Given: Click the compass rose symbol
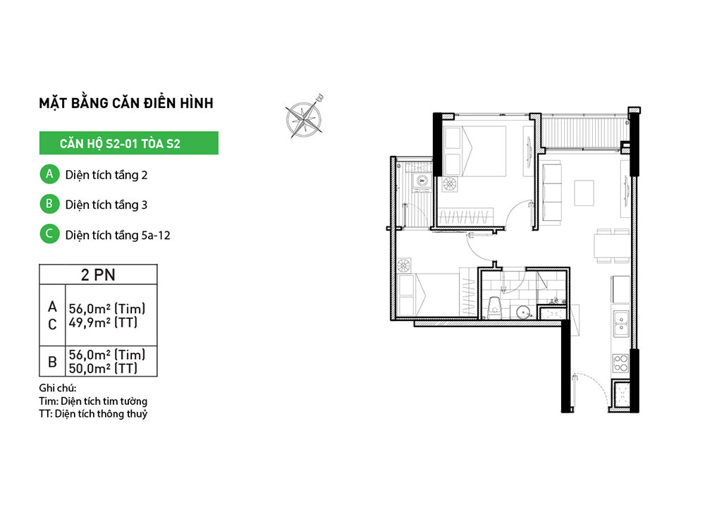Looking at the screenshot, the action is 305,117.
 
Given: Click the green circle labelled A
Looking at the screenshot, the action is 49,174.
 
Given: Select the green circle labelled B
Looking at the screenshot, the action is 49,204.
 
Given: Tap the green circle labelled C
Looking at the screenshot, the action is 49,234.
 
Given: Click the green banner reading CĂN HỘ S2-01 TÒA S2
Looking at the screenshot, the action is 128,143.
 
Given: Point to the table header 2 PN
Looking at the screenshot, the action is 98,274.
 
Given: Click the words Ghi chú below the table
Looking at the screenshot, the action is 58,388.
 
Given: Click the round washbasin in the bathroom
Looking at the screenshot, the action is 523,312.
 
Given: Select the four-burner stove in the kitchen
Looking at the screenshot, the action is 621,363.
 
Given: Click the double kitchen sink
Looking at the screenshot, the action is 621,324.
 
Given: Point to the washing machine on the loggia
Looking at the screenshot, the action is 422,181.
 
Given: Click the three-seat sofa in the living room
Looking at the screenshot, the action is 552,194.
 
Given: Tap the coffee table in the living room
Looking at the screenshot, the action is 584,193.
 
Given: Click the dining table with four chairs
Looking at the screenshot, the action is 612,245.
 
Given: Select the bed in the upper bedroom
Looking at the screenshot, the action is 474,151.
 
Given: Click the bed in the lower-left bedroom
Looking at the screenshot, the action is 429,295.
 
